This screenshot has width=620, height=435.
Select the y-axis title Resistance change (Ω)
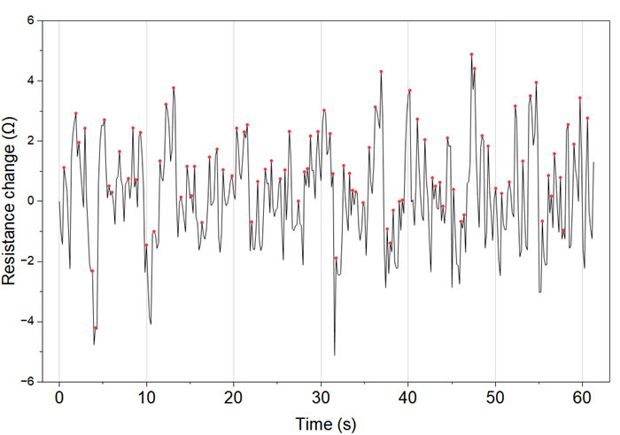pos(10,201)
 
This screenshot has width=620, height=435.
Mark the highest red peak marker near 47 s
pos(471,54)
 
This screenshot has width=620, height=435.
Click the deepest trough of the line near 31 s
pos(335,354)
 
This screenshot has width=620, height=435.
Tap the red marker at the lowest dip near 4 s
pos(96,328)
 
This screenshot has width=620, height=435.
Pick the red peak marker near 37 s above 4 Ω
pos(381,72)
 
